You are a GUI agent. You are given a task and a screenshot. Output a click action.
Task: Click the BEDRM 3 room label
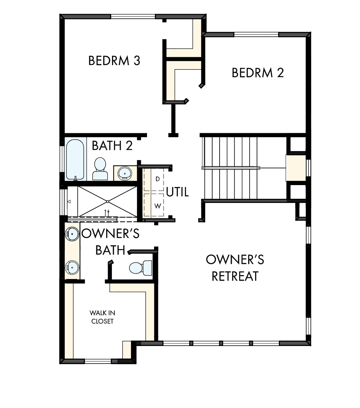click(114, 61)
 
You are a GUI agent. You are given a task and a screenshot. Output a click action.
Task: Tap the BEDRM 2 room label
click(258, 73)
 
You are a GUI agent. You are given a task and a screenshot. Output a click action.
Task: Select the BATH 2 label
click(112, 146)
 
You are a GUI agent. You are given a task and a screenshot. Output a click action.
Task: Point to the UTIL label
click(178, 192)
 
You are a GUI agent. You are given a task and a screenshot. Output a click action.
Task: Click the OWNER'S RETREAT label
click(235, 268)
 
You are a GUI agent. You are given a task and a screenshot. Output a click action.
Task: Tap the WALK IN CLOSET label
click(102, 317)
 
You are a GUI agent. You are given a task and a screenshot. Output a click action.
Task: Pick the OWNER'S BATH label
click(110, 242)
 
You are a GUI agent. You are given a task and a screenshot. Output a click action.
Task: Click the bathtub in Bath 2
click(75, 159)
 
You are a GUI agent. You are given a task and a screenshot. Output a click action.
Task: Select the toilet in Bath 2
click(100, 168)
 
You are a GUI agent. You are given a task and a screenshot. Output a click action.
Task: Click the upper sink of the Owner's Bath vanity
click(73, 233)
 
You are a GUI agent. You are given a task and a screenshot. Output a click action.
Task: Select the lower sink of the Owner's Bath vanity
click(73, 267)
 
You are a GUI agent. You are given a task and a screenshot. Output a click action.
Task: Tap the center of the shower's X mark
click(107, 201)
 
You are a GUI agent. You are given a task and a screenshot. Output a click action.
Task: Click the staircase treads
click(230, 168)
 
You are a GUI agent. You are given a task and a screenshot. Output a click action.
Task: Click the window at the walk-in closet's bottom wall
click(98, 361)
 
